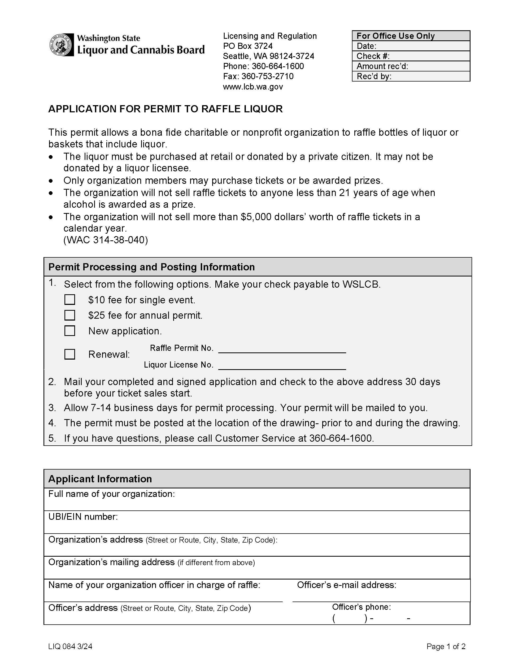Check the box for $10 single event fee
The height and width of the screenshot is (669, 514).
point(70,300)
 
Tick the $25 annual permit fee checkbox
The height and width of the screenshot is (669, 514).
point(70,315)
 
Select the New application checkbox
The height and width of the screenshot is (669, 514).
point(70,331)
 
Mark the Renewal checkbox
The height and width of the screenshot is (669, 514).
point(70,354)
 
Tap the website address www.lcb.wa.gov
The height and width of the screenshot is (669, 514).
point(253,87)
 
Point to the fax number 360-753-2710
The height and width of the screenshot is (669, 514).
point(267,76)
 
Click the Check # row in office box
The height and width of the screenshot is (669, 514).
point(411,56)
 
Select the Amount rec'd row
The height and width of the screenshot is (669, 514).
point(411,66)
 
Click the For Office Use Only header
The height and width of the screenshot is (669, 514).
point(411,36)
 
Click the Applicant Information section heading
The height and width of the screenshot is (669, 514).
point(100,479)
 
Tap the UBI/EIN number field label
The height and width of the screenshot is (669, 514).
point(83,517)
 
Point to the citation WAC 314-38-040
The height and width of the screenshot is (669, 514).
point(106,240)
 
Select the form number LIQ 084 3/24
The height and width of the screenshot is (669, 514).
point(70,646)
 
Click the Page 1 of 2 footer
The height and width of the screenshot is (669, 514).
point(446,646)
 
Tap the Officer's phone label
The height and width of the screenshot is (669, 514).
point(361,607)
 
